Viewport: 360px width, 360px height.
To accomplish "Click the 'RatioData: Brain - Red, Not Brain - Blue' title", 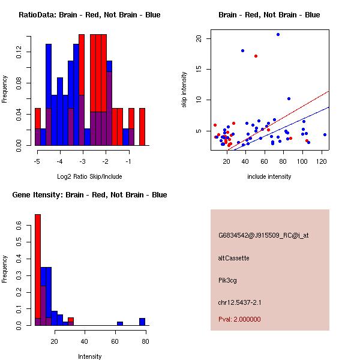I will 89,15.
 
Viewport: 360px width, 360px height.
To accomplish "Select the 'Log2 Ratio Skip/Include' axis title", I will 89,176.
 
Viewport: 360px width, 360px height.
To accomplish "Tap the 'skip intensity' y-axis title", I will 184,90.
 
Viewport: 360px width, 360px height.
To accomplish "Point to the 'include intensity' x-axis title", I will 269,176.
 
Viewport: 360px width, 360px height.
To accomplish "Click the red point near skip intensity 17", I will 256,56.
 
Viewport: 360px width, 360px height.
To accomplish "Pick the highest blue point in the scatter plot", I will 278,34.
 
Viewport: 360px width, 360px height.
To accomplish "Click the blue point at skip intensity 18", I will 242,50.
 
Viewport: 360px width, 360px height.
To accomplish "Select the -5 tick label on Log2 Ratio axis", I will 37,162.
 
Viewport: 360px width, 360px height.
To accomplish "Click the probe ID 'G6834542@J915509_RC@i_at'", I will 263,235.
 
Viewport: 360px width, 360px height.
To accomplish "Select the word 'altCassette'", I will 234,258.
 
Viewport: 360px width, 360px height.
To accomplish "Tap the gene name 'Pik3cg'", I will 229,280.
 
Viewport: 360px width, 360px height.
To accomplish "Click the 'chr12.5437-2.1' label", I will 239,302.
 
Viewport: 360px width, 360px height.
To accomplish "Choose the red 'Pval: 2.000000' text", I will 239,319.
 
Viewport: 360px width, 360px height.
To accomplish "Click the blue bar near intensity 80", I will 142,322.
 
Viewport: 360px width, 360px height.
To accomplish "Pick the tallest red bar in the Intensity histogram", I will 38,270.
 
